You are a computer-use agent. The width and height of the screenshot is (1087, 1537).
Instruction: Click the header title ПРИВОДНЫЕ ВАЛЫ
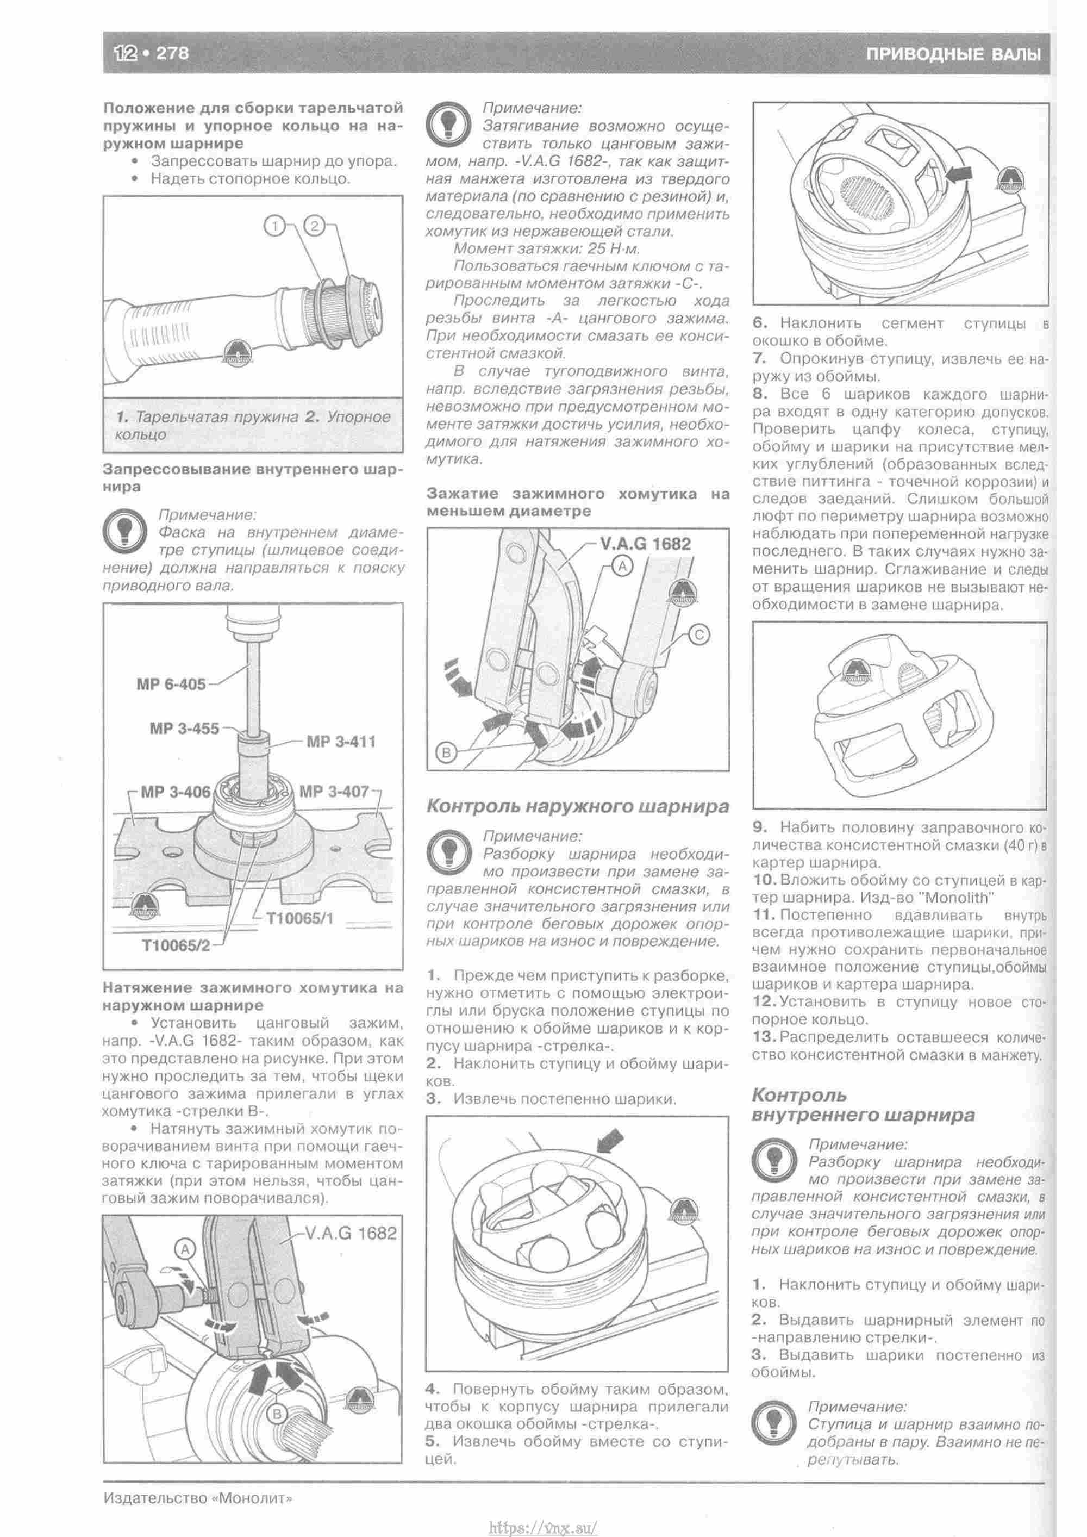click(x=953, y=54)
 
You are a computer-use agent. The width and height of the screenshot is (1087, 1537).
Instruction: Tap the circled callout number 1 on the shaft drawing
click(x=274, y=226)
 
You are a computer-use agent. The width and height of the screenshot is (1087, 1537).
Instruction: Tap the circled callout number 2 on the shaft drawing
click(x=314, y=226)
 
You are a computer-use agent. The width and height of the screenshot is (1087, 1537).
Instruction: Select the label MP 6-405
click(x=171, y=684)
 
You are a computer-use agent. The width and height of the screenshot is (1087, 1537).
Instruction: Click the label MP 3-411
click(x=341, y=742)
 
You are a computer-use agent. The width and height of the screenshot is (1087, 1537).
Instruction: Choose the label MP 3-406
click(x=174, y=792)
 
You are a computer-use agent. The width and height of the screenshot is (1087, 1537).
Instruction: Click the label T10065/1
click(x=300, y=918)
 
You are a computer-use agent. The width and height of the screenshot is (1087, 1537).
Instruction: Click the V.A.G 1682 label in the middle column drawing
click(x=645, y=544)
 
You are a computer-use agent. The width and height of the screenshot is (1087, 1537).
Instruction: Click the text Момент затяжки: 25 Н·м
click(x=547, y=249)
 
